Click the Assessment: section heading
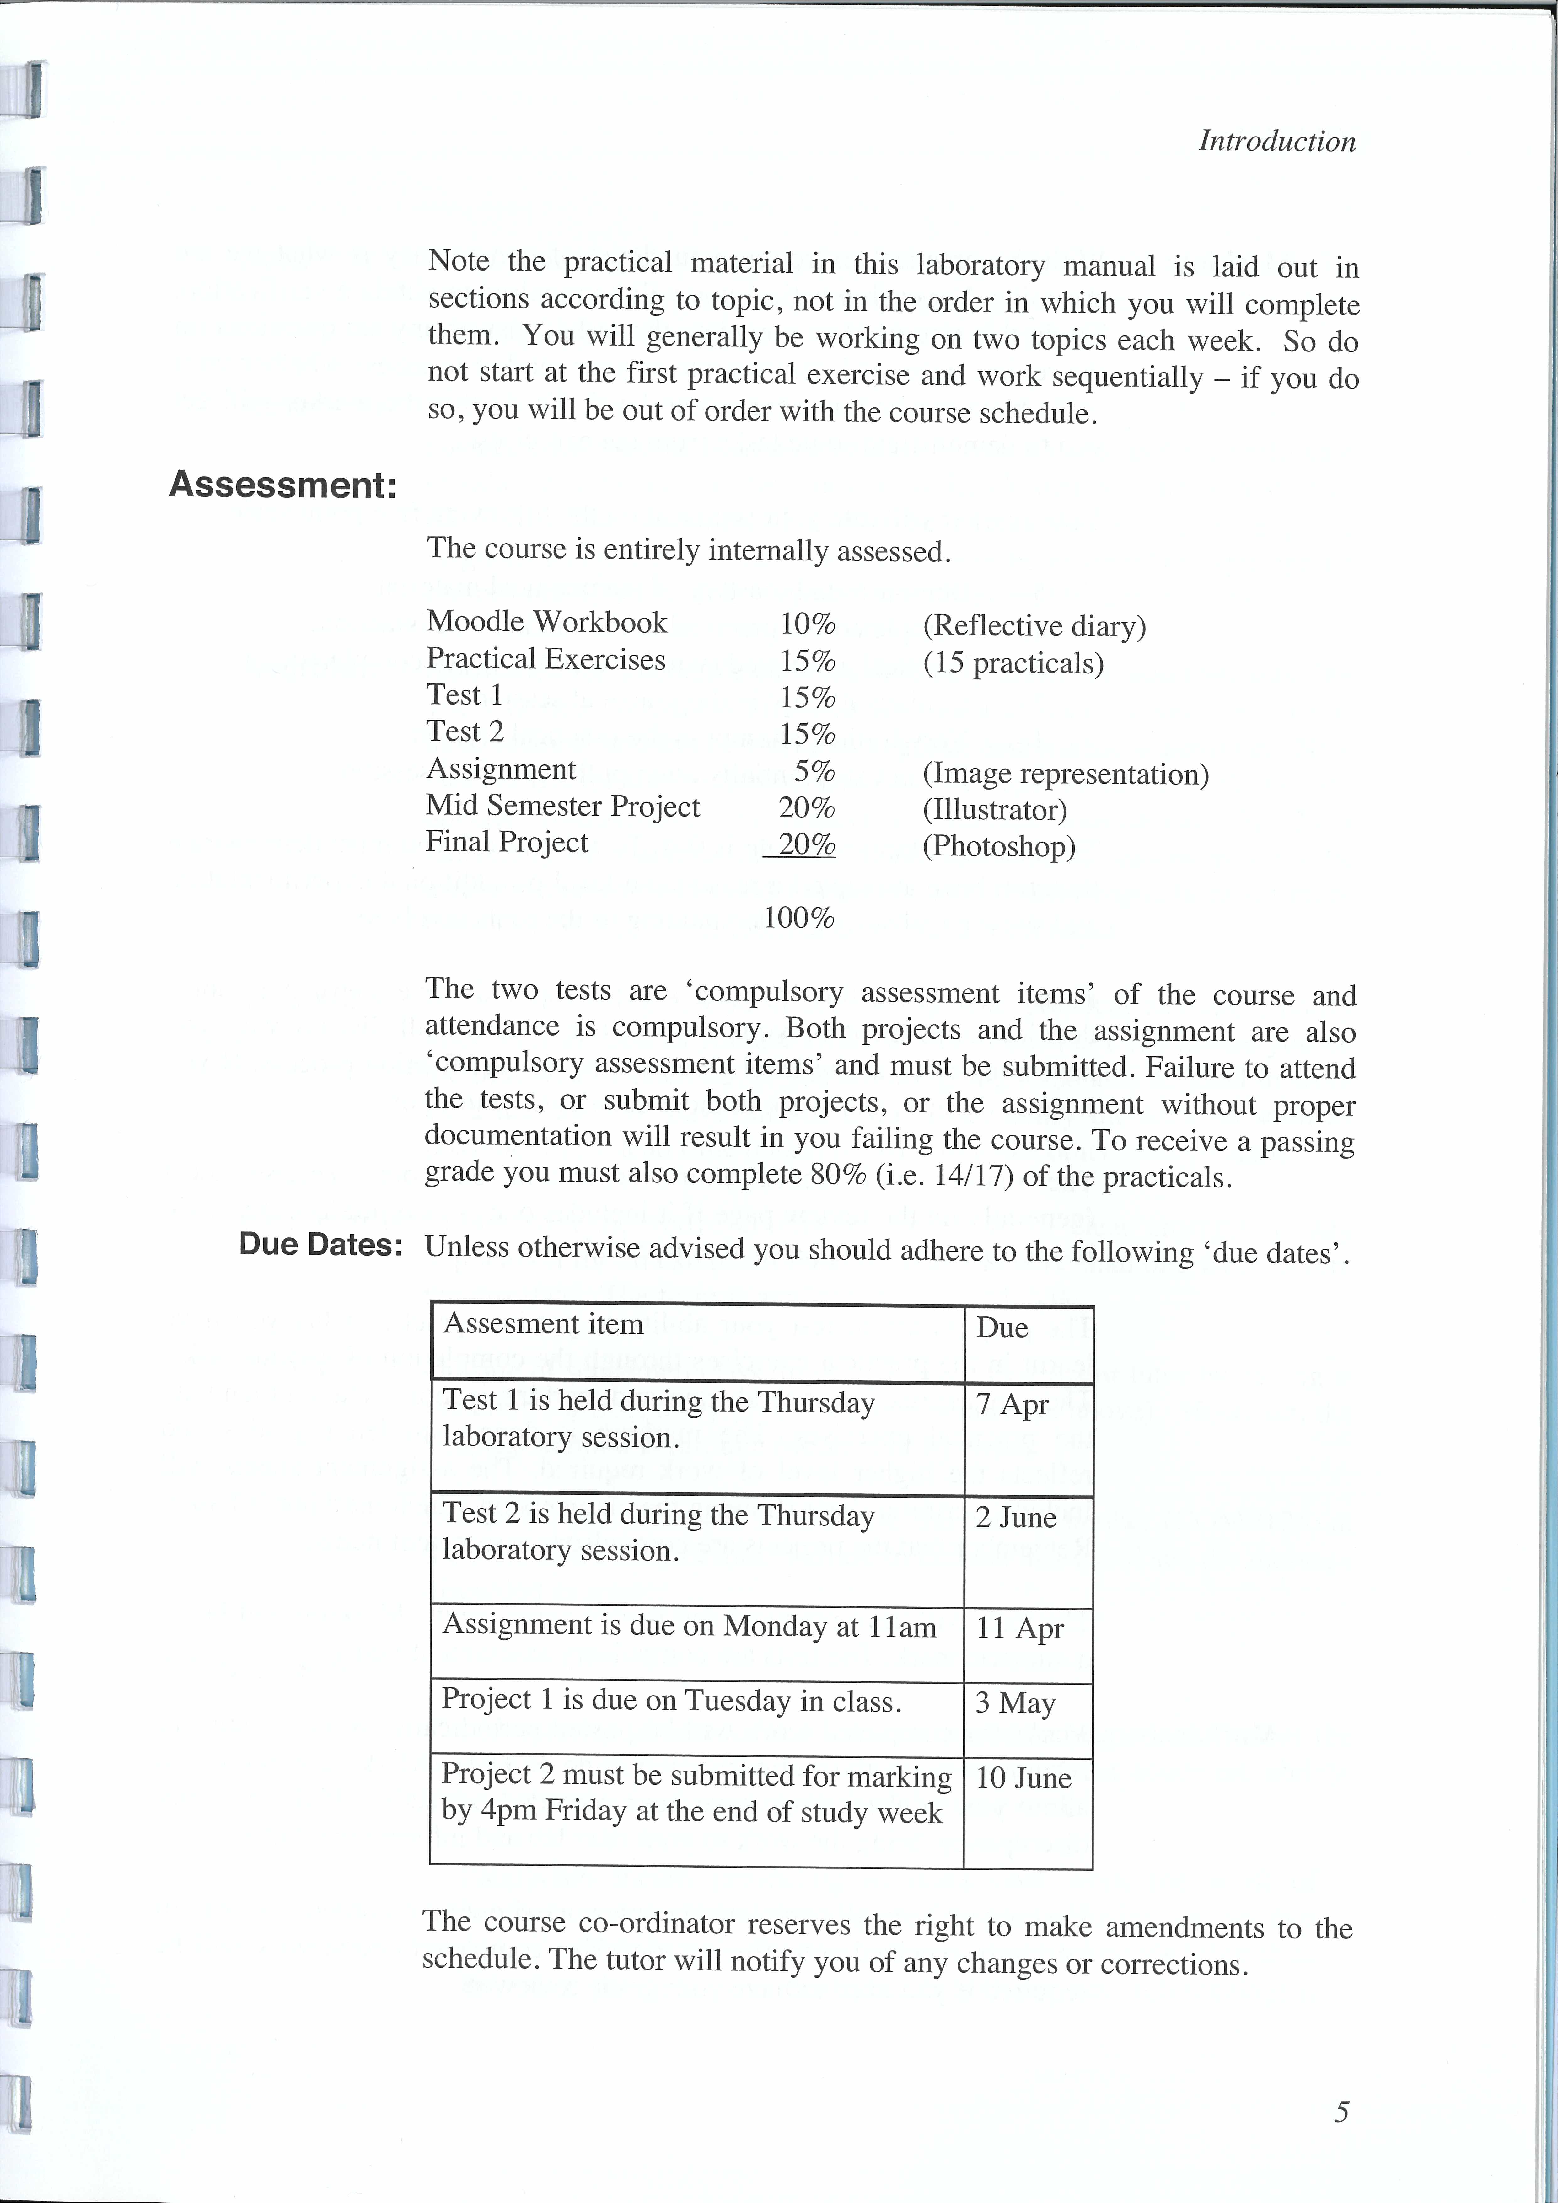pos(283,485)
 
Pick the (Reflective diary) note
pos(1034,627)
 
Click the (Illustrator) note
pos(995,810)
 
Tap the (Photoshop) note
pos(999,846)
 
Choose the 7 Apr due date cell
pos(1012,1405)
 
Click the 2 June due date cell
pos(1016,1518)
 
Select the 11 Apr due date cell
pos(1020,1628)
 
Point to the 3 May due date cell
pos(1015,1703)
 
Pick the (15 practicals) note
pos(1013,664)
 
